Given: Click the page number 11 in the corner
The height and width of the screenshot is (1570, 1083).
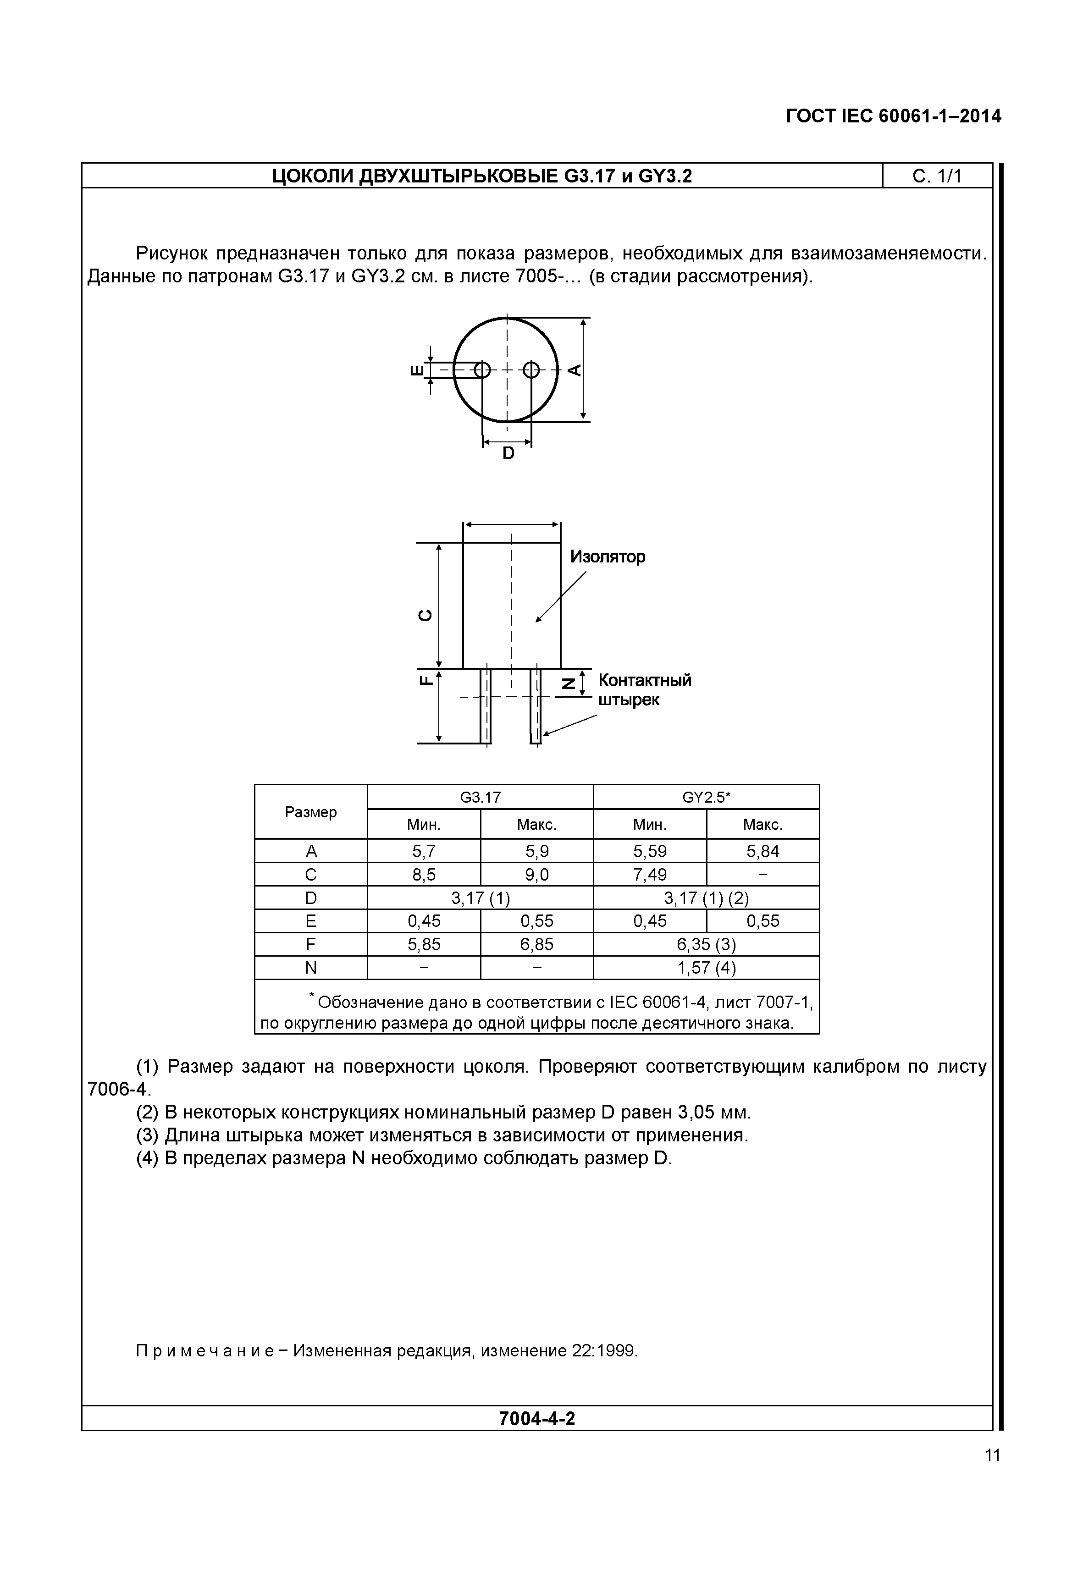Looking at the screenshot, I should pyautogui.click(x=992, y=1454).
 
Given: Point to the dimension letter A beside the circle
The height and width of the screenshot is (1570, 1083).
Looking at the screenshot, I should pyautogui.click(x=574, y=370).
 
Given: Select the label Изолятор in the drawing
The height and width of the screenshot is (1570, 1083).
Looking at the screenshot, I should pyautogui.click(x=608, y=557).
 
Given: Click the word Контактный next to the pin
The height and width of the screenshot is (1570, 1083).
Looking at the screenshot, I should pyautogui.click(x=645, y=681).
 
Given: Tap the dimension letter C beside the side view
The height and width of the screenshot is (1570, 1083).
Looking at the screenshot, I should pyautogui.click(x=425, y=615).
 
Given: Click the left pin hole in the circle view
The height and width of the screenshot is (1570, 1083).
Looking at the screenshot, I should pyautogui.click(x=482, y=370).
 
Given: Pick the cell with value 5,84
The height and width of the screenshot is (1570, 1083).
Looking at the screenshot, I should pyautogui.click(x=762, y=852).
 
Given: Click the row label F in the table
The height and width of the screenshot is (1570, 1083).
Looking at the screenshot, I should pyautogui.click(x=311, y=944).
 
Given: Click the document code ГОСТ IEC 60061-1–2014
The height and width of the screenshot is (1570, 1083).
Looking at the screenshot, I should pyautogui.click(x=893, y=117).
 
